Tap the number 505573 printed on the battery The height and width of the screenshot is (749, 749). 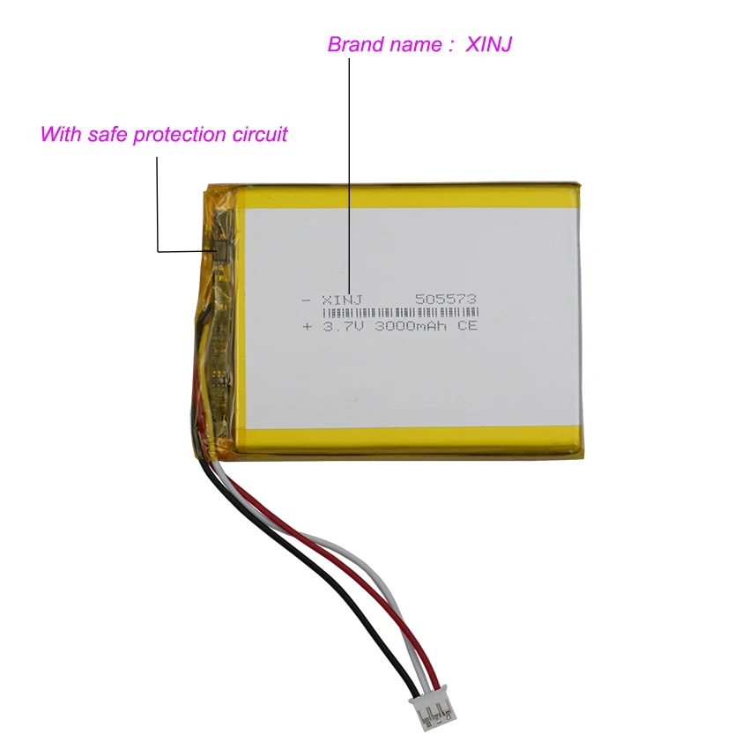(445, 300)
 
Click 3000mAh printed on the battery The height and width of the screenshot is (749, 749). (412, 327)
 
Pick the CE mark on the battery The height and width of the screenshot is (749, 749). (467, 327)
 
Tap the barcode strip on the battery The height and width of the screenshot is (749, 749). (399, 313)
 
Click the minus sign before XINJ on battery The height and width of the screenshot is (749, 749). (307, 300)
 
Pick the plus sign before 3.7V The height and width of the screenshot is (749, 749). (307, 327)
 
